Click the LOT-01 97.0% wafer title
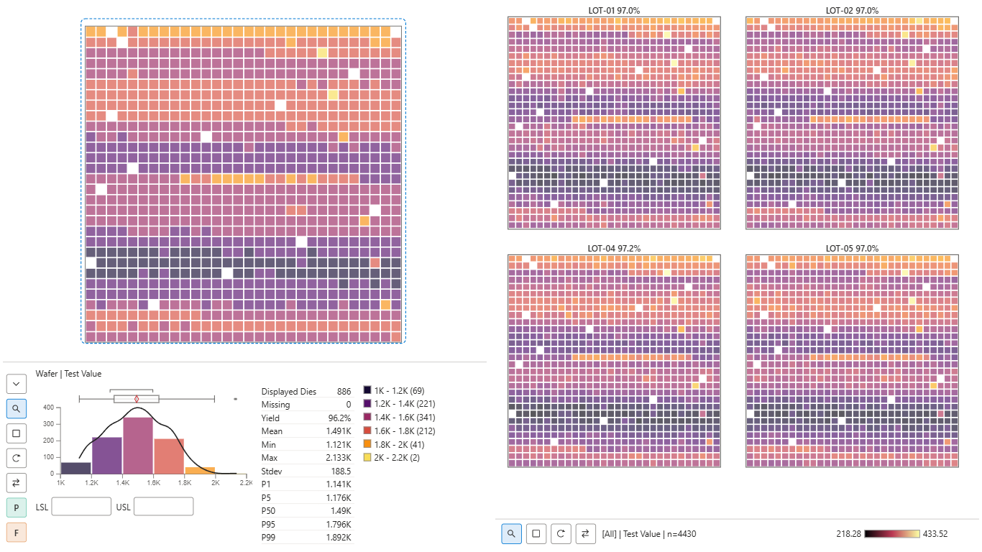(614, 11)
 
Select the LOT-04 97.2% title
(614, 249)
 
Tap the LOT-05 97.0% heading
(852, 249)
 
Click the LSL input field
(81, 507)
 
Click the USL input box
(163, 507)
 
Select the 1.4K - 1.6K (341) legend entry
(400, 418)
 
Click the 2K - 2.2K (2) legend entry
(392, 458)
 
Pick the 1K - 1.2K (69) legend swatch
(367, 390)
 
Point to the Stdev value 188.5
(341, 471)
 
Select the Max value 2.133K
(339, 458)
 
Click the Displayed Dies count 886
(344, 392)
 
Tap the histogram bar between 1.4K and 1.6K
(137, 446)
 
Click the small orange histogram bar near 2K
(200, 471)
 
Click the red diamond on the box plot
(137, 399)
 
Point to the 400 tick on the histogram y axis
(48, 408)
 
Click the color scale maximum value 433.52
(935, 534)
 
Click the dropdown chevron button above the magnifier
(17, 384)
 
